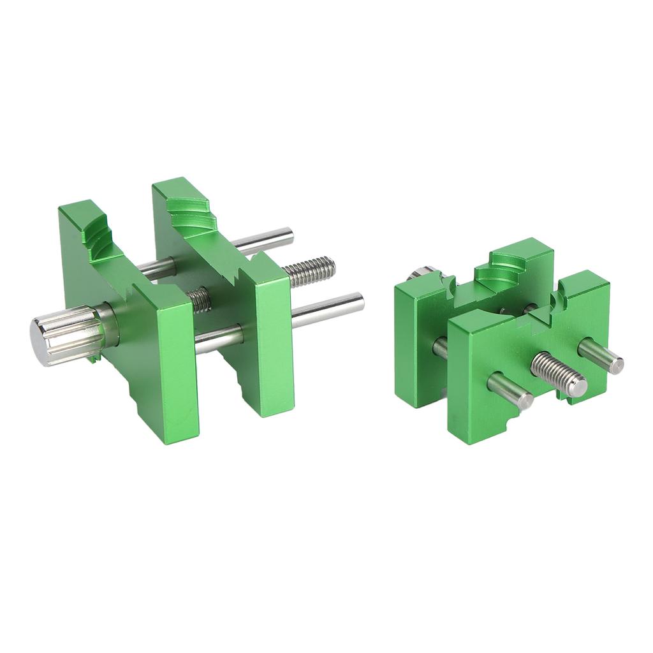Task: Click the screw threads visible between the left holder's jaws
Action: [199, 298]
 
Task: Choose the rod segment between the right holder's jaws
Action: [440, 348]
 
